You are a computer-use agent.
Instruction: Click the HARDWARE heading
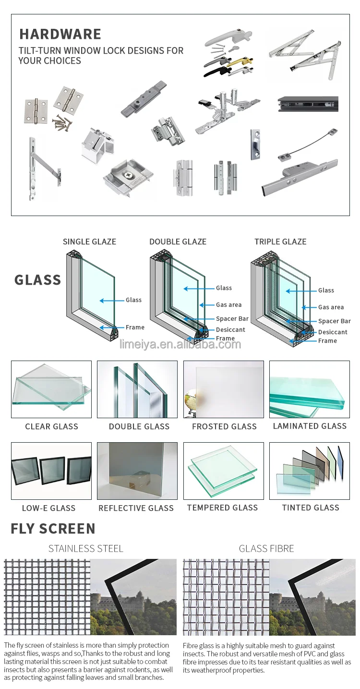(60, 34)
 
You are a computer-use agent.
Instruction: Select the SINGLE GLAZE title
(89, 242)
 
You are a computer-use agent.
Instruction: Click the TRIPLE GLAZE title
(280, 242)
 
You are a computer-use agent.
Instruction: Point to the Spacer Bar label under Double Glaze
(232, 319)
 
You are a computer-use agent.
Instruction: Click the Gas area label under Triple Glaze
(331, 307)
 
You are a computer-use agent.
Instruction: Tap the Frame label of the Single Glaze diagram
(135, 327)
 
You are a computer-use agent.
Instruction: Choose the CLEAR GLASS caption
(51, 426)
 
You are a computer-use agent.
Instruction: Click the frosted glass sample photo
(224, 389)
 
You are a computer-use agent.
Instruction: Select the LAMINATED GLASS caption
(310, 426)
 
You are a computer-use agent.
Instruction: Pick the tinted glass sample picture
(310, 471)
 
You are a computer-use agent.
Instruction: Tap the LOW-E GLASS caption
(48, 508)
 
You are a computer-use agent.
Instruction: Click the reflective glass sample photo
(137, 471)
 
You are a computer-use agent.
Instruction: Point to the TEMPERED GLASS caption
(222, 508)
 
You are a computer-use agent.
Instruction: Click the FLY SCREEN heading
(53, 529)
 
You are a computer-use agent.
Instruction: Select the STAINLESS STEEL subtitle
(86, 548)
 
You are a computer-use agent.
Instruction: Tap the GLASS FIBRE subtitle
(266, 548)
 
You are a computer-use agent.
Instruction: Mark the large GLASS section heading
(37, 280)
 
